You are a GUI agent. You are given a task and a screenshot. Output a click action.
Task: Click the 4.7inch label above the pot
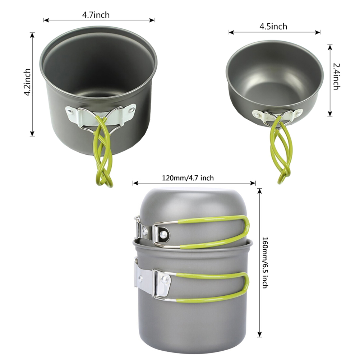click(x=96, y=15)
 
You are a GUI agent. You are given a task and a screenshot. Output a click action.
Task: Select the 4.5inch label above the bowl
click(x=273, y=26)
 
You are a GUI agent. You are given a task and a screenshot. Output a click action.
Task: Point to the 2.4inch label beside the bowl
click(x=336, y=77)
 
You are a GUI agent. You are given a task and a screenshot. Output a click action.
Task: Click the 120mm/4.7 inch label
click(x=188, y=178)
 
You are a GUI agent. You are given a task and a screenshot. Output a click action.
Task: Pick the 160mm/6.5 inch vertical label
click(x=265, y=263)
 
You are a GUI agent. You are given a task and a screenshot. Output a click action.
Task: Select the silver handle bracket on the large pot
click(x=101, y=115)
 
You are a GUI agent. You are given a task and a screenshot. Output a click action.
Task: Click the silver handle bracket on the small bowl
click(x=277, y=115)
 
